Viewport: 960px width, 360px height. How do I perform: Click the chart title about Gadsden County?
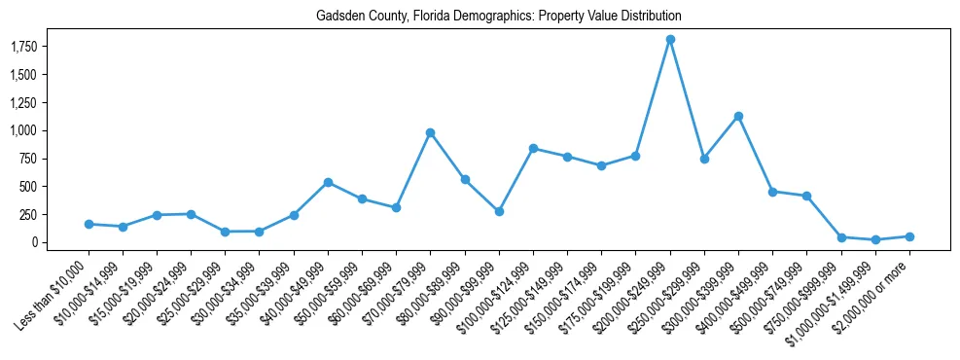pyautogui.click(x=498, y=17)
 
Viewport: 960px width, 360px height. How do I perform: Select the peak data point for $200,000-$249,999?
pyautogui.click(x=670, y=40)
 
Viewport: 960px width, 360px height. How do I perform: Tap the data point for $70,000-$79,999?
pyautogui.click(x=430, y=132)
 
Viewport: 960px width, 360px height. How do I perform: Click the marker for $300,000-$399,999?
pyautogui.click(x=738, y=116)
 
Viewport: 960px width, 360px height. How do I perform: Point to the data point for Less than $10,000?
pyautogui.click(x=89, y=224)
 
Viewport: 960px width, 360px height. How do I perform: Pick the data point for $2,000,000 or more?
pyautogui.click(x=909, y=236)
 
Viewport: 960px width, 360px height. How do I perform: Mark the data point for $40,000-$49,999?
pyautogui.click(x=328, y=182)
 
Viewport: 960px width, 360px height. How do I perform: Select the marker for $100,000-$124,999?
pyautogui.click(x=533, y=148)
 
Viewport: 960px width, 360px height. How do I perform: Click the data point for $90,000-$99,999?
pyautogui.click(x=499, y=211)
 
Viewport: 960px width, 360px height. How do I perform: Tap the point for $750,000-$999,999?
pyautogui.click(x=841, y=237)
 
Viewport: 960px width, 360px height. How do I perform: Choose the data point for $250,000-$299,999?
pyautogui.click(x=704, y=159)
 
